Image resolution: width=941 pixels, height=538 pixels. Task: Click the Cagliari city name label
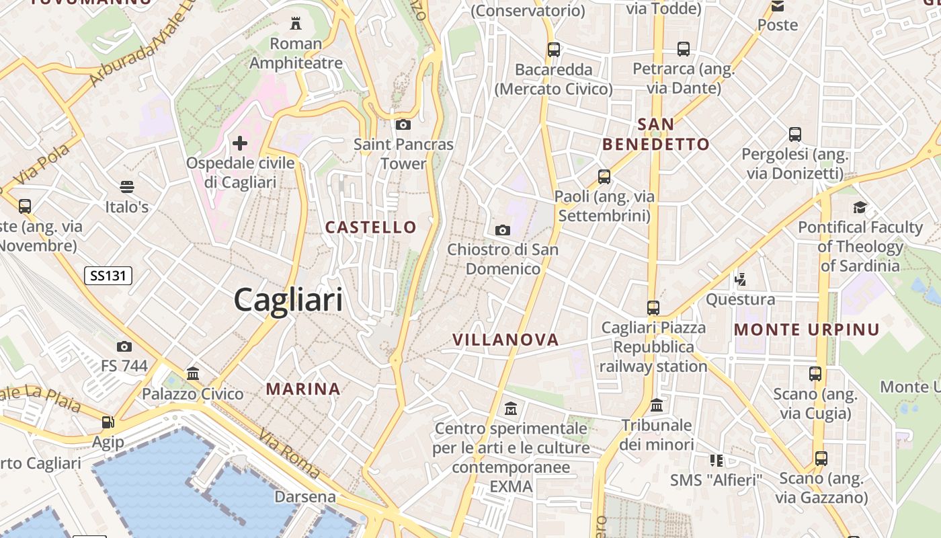288,300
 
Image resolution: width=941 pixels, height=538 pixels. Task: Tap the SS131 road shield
108,275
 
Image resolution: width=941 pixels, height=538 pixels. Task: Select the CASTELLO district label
371,227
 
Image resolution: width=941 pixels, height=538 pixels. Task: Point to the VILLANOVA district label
505,340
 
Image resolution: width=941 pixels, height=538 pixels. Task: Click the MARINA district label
303,389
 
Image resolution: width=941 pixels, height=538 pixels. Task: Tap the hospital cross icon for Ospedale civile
240,143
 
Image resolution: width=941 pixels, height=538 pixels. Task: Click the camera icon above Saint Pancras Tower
403,124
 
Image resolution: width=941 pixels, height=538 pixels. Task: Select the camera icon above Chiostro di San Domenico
502,230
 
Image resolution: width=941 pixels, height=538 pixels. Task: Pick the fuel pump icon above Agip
108,422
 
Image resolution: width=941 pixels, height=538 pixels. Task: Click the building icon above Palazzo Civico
193,373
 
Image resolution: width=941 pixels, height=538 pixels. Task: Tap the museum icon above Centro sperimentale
511,408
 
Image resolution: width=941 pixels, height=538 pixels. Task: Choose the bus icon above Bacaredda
554,49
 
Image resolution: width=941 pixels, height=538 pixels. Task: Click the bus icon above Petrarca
684,49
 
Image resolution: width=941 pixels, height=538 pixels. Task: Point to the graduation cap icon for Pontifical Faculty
860,207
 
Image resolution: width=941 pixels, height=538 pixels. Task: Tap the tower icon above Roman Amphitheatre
295,24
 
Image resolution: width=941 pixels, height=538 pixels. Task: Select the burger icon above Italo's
126,186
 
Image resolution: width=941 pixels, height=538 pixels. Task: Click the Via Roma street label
288,454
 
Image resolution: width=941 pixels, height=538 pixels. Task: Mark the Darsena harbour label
305,497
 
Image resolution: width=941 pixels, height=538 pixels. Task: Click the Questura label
740,299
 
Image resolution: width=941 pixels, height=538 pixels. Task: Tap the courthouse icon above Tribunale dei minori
657,406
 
